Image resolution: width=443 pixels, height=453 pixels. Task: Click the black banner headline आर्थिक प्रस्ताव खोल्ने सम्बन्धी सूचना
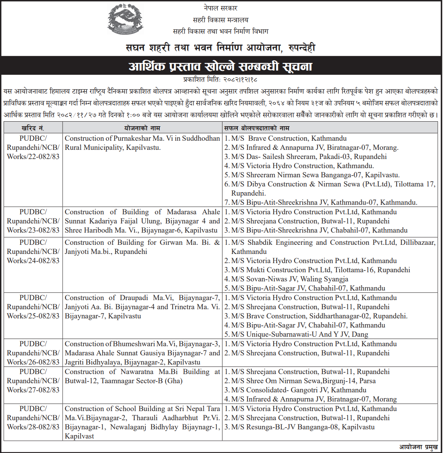click(221, 67)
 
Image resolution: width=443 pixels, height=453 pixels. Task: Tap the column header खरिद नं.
click(33, 128)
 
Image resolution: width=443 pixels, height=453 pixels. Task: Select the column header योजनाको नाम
click(142, 128)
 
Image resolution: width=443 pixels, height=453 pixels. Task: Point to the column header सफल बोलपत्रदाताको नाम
click(257, 128)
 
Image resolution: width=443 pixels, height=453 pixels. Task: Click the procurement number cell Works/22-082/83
click(33, 157)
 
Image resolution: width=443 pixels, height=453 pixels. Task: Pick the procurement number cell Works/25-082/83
click(33, 316)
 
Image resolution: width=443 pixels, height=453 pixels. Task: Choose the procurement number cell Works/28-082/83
click(33, 427)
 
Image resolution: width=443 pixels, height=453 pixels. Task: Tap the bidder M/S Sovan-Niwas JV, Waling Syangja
click(289, 279)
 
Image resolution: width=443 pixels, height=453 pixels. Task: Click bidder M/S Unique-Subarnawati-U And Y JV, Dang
click(299, 334)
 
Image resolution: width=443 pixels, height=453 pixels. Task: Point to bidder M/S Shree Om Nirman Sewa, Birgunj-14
click(303, 381)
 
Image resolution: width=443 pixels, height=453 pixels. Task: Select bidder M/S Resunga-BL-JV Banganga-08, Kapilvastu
click(303, 427)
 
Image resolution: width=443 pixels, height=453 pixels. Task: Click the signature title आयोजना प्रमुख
click(418, 447)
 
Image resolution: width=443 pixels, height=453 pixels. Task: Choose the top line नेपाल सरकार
click(221, 8)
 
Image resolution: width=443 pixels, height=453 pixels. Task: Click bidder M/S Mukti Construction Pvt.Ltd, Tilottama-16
click(320, 270)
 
